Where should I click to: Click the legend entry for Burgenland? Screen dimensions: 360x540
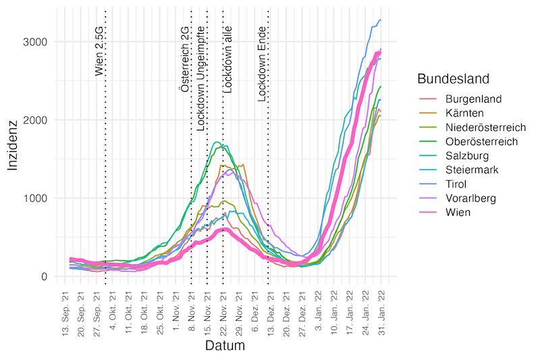click(473, 99)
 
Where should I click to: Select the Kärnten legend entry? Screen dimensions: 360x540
click(464, 113)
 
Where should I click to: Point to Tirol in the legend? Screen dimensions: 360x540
click(456, 184)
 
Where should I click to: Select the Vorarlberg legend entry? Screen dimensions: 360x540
click(470, 198)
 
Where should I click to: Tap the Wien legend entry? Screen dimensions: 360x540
click(457, 212)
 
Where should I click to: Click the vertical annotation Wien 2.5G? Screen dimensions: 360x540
click(99, 51)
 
